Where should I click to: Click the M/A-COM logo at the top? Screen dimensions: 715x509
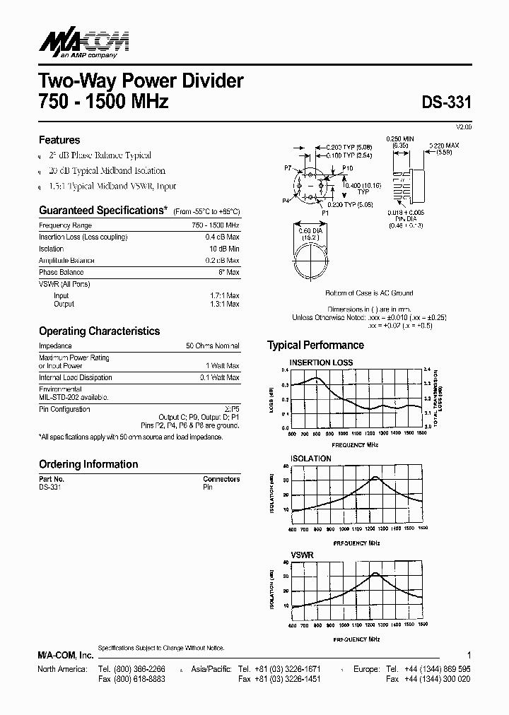coord(83,42)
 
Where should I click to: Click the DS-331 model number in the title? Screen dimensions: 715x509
coord(446,102)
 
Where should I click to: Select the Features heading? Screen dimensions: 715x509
coord(59,140)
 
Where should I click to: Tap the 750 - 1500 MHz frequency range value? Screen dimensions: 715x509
coord(216,225)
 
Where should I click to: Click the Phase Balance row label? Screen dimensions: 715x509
coord(61,272)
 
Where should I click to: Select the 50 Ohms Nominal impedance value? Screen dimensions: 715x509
coord(212,346)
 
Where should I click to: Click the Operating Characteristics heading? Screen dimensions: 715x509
coord(99,331)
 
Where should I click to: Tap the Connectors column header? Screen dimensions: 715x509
coord(221,479)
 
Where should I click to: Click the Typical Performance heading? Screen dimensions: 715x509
coord(315,345)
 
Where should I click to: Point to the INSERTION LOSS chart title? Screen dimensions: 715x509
coord(321,362)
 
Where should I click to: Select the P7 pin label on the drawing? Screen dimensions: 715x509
coord(288,168)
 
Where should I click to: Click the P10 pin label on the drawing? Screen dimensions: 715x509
coord(347,168)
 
